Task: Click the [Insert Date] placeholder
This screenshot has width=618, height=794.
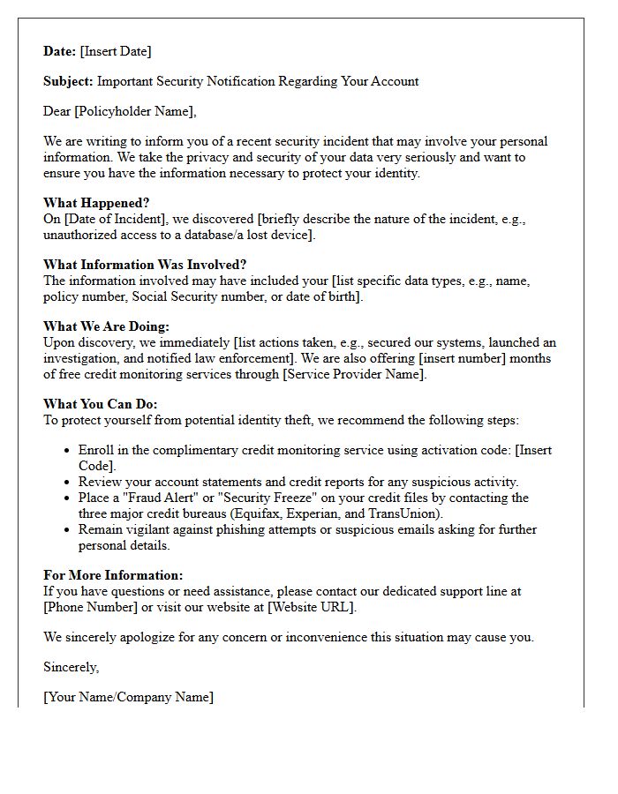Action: coord(116,51)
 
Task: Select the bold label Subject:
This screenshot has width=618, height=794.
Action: coord(68,81)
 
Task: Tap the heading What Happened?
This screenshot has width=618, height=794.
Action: coord(96,203)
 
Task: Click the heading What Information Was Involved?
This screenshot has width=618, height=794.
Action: coord(145,265)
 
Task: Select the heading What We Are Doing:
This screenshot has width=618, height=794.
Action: coord(107,326)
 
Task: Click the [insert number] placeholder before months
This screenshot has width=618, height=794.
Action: coord(456,358)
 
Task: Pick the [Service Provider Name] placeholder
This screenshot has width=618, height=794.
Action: coord(351,374)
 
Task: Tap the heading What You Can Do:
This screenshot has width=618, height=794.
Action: coord(101,404)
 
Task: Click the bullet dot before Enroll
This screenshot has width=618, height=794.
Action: coord(68,451)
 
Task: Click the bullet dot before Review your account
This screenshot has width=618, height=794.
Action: coord(68,483)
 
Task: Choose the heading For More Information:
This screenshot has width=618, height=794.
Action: coord(113,575)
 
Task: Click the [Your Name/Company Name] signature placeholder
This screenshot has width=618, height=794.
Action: coord(128,697)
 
